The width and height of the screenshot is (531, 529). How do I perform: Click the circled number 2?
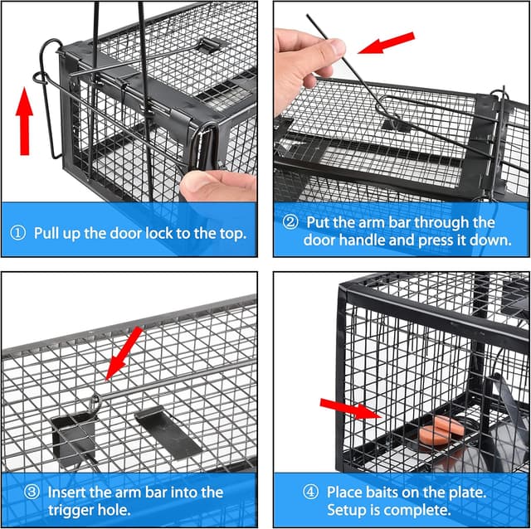click(290, 223)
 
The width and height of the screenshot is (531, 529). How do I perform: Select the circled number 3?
click(32, 492)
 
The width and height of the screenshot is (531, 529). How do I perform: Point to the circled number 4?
click(309, 492)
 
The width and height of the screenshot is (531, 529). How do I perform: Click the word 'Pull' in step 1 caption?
click(49, 234)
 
